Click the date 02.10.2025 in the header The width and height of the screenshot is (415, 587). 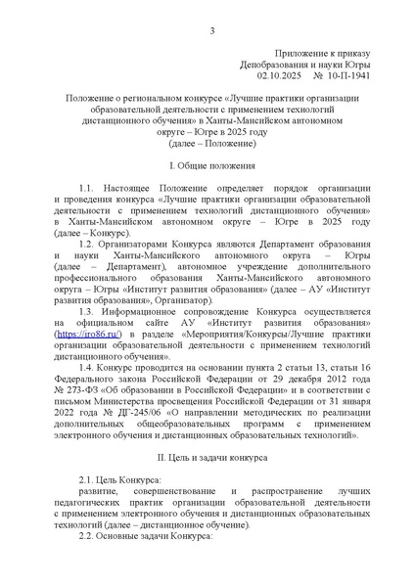click(279, 74)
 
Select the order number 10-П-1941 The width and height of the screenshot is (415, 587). click(340, 74)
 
